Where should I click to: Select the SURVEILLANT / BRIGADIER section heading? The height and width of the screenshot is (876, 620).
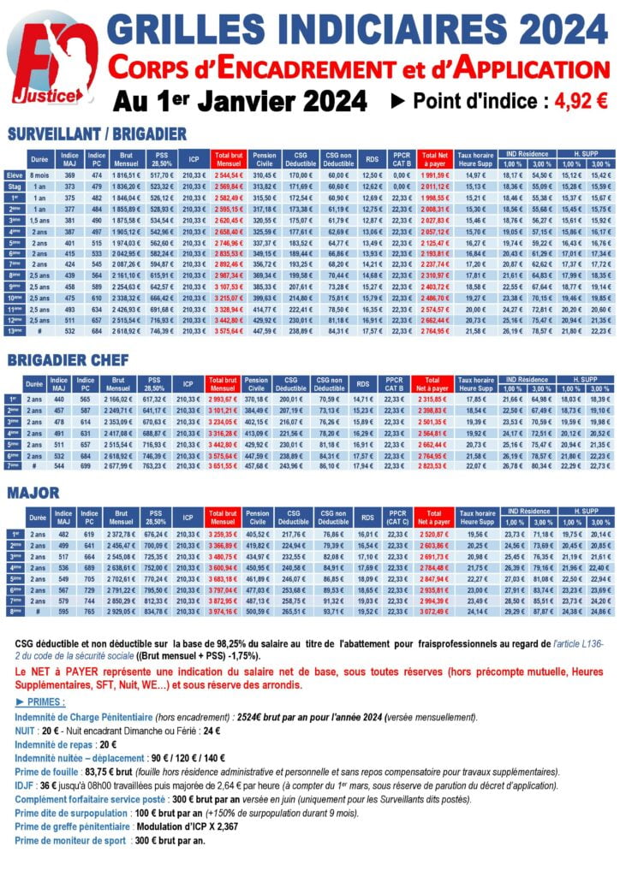click(x=97, y=133)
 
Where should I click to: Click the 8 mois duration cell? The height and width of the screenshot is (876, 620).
click(x=39, y=175)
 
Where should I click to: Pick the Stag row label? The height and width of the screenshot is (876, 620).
click(x=14, y=186)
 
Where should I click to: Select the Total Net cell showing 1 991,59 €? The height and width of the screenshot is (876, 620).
click(x=435, y=175)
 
